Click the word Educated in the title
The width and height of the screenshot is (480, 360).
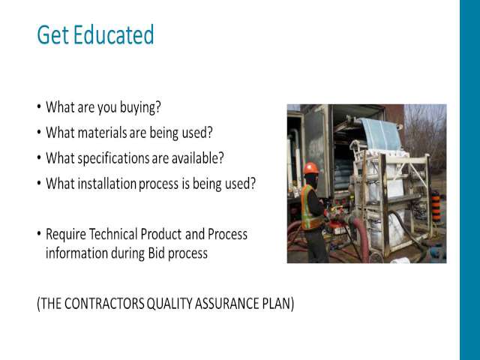point(113,34)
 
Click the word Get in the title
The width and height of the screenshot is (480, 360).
point(52,34)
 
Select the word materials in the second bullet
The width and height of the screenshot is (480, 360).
point(102,133)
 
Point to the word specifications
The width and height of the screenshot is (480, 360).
point(113,158)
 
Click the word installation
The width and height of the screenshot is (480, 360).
point(106,184)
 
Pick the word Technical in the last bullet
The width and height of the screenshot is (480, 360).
point(113,234)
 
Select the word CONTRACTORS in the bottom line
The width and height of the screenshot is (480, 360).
point(104,304)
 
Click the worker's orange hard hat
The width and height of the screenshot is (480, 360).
point(310,168)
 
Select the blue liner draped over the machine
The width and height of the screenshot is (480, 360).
point(380,133)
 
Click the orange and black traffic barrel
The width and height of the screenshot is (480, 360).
point(436,207)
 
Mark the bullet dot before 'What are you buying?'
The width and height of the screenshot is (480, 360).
point(39,106)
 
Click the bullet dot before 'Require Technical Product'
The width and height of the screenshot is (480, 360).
point(39,233)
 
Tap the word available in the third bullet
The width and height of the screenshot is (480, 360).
point(197,158)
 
